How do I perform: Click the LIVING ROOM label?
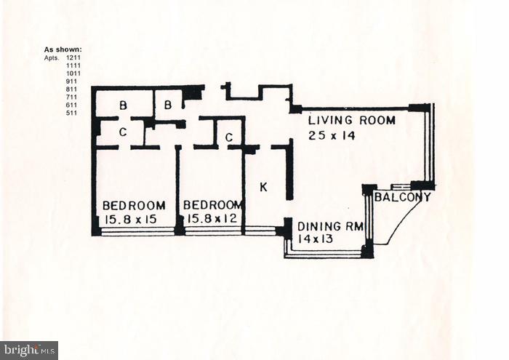352,120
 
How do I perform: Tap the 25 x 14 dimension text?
331,135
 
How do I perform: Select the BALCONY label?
403,197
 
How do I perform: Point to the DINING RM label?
330,226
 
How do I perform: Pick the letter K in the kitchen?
263,188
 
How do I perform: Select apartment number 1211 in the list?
73,57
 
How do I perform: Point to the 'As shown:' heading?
63,49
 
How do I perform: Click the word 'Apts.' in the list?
52,57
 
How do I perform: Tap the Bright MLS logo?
29,351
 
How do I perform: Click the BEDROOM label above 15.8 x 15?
134,205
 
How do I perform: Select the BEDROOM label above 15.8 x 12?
212,205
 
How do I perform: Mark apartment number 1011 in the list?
73,73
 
